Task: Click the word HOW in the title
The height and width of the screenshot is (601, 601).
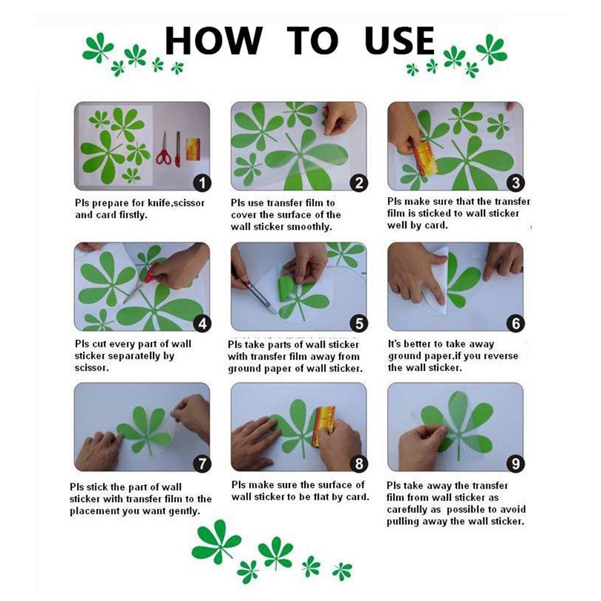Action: [x=214, y=40]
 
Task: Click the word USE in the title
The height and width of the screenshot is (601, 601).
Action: [x=399, y=40]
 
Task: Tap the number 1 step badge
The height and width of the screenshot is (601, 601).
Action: [x=202, y=183]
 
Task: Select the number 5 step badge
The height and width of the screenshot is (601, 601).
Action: [x=359, y=324]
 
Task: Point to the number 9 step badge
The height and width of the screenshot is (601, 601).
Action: [x=516, y=464]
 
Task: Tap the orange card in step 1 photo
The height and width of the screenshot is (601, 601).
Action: [x=193, y=149]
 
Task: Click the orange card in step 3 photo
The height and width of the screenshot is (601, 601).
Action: [x=424, y=157]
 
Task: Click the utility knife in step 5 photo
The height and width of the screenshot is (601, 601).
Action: [x=255, y=293]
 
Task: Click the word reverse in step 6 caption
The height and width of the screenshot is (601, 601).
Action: [x=500, y=356]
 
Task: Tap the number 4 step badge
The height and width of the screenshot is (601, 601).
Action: [x=202, y=324]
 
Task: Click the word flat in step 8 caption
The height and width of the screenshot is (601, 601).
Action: [x=327, y=497]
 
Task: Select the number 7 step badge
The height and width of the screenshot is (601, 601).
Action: [x=202, y=464]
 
